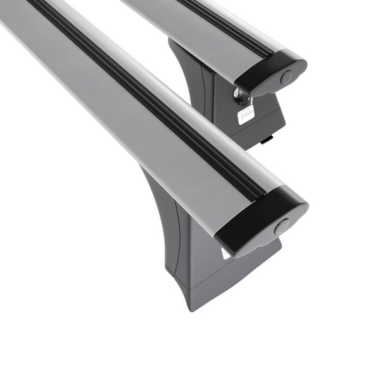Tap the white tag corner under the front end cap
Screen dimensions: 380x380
click(x=225, y=253)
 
